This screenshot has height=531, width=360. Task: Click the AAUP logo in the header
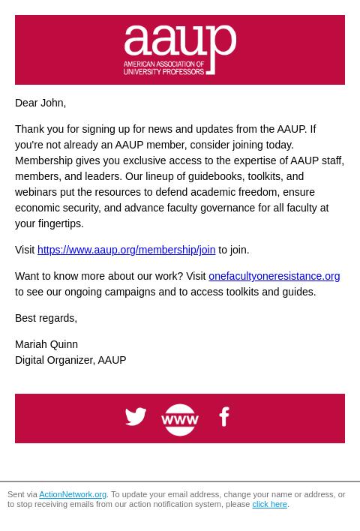(x=180, y=49)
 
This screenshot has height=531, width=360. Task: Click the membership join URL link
(x=126, y=250)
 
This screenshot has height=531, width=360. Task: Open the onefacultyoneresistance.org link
(x=274, y=276)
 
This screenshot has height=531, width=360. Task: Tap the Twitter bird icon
(x=136, y=416)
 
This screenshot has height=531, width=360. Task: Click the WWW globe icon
(x=180, y=419)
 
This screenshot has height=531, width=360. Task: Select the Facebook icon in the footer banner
(x=223, y=416)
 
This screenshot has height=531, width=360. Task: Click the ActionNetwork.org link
(x=73, y=495)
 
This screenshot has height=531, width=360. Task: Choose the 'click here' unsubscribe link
(x=269, y=505)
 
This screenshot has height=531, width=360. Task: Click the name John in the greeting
(x=52, y=103)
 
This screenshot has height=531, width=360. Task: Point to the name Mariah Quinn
(x=46, y=344)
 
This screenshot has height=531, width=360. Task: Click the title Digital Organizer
(x=54, y=360)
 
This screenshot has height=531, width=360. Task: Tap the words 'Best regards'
(x=45, y=318)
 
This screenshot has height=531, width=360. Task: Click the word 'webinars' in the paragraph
(x=35, y=192)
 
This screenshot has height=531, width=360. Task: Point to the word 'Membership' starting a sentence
(x=43, y=160)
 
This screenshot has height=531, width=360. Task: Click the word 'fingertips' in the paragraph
(x=59, y=223)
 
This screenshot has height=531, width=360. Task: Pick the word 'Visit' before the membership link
(x=25, y=250)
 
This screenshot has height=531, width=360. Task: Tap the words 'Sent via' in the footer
(x=22, y=495)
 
